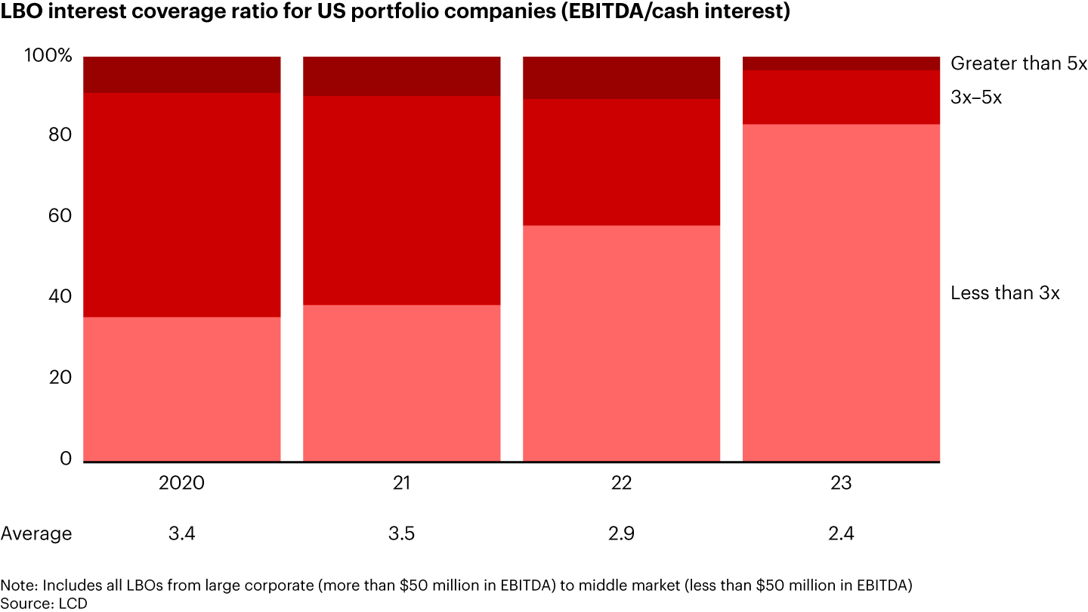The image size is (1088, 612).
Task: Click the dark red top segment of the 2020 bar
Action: click(181, 75)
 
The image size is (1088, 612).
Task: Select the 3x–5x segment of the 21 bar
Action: click(401, 200)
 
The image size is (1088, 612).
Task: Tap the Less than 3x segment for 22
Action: click(621, 343)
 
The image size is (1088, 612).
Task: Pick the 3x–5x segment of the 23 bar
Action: click(841, 97)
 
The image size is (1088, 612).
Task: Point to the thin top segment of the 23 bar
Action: click(841, 63)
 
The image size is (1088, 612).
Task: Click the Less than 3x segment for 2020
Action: click(181, 388)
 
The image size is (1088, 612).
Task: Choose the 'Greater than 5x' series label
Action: click(1018, 63)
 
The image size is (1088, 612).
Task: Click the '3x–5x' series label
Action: click(976, 97)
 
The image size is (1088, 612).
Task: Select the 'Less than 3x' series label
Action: click(1005, 293)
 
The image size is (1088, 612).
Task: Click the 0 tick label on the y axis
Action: click(67, 459)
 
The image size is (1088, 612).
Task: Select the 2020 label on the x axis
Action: click(181, 483)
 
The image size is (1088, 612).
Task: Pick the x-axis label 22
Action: click(621, 483)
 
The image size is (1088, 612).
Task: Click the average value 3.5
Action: click(401, 534)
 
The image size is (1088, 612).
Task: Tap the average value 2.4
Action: click(841, 534)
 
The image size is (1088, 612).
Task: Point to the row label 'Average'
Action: click(36, 534)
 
